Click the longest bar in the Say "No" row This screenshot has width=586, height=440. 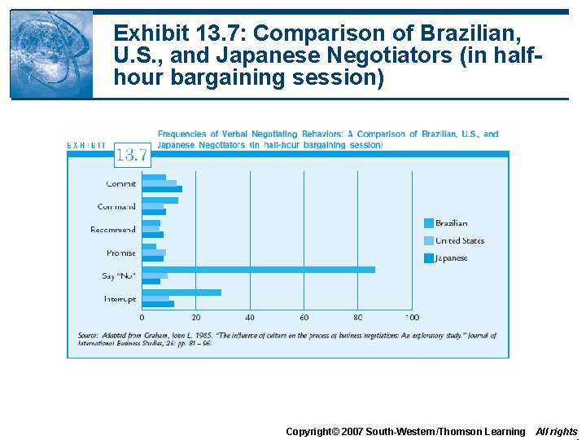point(258,269)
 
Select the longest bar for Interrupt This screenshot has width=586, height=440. point(181,292)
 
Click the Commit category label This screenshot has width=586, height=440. point(120,183)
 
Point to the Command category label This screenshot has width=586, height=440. point(116,206)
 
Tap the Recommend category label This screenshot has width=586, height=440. point(113,230)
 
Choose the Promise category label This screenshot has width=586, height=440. point(120,253)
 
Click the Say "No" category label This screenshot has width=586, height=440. point(118,276)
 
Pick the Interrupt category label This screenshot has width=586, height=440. point(120,299)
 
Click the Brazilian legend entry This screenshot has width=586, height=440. point(451,223)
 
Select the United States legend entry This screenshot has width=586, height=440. point(459,240)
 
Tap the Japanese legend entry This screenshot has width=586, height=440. point(451,258)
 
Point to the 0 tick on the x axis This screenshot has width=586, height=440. point(142,318)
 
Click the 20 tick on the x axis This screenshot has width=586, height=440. point(196,318)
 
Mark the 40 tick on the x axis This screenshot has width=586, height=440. point(250,318)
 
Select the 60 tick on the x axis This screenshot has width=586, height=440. point(304,318)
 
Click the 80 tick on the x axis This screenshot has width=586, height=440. point(358,318)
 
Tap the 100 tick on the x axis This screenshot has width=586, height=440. point(412,318)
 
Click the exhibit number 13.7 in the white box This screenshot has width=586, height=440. point(131,153)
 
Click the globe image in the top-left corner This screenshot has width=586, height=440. point(50,54)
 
